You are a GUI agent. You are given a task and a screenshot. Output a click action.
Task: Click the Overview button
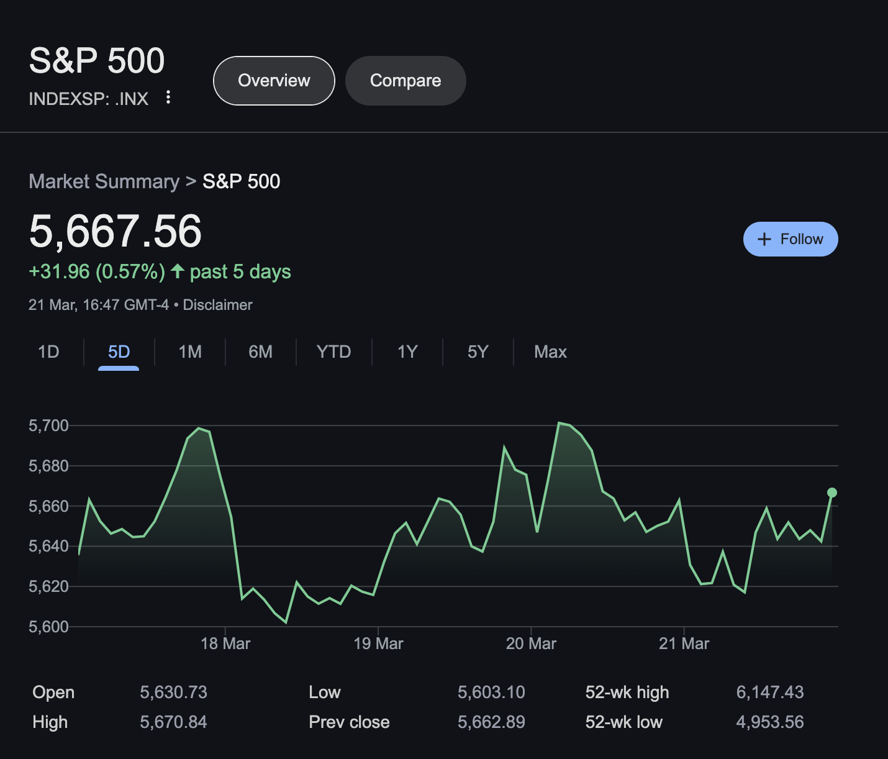click(x=274, y=81)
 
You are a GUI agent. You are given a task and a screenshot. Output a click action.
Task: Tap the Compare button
click(x=405, y=81)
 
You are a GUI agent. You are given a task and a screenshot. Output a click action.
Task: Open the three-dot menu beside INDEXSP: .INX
click(x=168, y=97)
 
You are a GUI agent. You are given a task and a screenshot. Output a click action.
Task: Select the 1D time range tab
click(x=48, y=352)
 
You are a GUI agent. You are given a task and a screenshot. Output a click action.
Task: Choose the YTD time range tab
click(x=333, y=352)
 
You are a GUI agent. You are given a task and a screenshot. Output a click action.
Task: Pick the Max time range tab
click(x=550, y=352)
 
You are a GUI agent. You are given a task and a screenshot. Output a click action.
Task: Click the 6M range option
click(x=260, y=352)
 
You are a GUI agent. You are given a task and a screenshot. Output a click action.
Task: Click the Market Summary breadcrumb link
click(x=104, y=181)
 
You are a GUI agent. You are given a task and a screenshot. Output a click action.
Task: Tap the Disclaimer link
click(x=217, y=305)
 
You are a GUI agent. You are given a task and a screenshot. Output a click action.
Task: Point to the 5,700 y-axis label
click(x=48, y=425)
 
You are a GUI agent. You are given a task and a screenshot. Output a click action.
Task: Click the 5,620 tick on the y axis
click(x=48, y=586)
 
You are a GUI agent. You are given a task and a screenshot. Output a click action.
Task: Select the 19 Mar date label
click(x=378, y=643)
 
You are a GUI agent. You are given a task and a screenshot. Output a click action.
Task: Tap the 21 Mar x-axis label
click(x=684, y=643)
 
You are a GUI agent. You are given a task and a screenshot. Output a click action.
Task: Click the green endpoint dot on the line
click(x=832, y=493)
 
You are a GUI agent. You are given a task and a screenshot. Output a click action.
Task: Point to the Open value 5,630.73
click(x=173, y=692)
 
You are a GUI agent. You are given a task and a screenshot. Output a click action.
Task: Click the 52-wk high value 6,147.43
click(x=769, y=692)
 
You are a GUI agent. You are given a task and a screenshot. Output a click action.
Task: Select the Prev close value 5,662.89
click(x=491, y=722)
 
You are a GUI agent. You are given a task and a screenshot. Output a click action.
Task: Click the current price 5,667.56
click(x=116, y=231)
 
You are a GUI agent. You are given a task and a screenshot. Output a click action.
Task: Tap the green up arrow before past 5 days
click(x=178, y=271)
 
